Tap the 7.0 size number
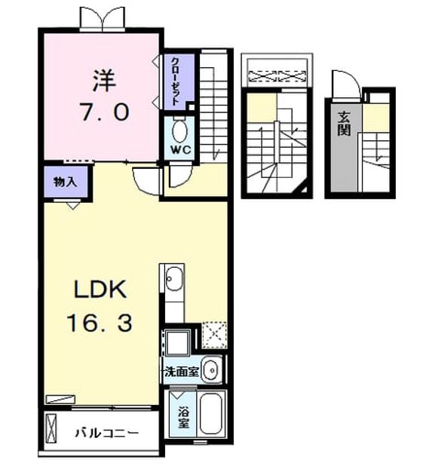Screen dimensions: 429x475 (x=105, y=112)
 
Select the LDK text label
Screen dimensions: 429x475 (x=100, y=290)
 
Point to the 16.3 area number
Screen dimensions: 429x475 (x=100, y=323)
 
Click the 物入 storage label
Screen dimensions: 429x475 (x=65, y=182)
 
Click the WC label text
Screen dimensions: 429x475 (x=180, y=149)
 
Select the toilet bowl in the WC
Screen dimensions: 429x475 (x=180, y=131)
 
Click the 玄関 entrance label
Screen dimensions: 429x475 (x=345, y=124)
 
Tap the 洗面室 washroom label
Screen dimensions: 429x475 (x=181, y=372)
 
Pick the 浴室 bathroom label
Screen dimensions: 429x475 (x=183, y=418)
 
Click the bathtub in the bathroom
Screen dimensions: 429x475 (x=212, y=414)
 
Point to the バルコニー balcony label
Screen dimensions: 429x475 (x=106, y=433)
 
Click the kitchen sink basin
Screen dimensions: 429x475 (x=174, y=279)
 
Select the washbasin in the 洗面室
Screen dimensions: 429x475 (x=211, y=370)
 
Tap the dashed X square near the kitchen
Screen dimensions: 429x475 (x=214, y=334)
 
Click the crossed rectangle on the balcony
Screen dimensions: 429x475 (x=51, y=427)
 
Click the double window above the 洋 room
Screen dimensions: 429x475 (x=103, y=18)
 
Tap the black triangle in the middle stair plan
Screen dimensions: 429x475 (x=304, y=190)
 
